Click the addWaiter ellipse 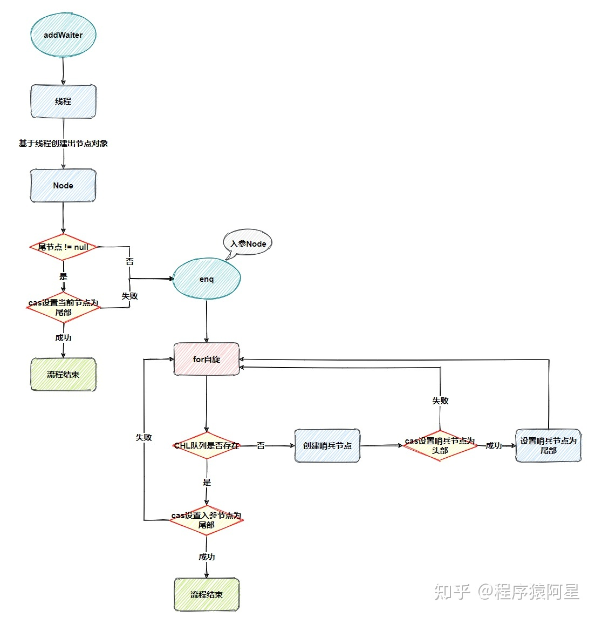pos(63,35)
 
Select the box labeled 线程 pos(63,101)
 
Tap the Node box pos(63,185)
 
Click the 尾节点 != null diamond pos(63,247)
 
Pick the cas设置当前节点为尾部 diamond pos(63,307)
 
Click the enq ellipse pos(207,279)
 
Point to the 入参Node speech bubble pos(248,243)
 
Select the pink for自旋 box pos(207,359)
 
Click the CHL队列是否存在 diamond pos(207,445)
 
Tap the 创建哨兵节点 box pos(327,445)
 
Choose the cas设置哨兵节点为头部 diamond pos(440,445)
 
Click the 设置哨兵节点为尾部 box pos(548,445)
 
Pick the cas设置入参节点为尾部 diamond pos(207,520)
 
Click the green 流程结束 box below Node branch pos(63,374)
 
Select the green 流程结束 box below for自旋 pos(207,594)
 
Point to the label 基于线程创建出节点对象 pos(63,143)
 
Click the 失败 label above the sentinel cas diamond pos(440,401)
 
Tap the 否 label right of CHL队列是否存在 pos(261,445)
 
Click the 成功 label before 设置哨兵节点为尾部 pos(494,445)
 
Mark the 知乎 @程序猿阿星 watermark pos(507,592)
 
